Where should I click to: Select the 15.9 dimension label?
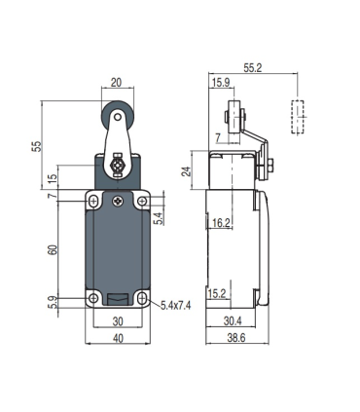click(x=221, y=83)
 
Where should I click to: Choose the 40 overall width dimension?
click(x=118, y=340)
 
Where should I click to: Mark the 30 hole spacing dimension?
click(x=118, y=321)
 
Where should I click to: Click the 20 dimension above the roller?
click(x=117, y=84)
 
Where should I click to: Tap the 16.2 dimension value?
click(x=223, y=223)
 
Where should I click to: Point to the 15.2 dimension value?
click(x=219, y=292)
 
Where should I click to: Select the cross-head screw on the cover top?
click(x=118, y=202)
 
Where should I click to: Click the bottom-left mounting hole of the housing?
click(x=93, y=298)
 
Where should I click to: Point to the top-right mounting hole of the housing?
click(x=142, y=203)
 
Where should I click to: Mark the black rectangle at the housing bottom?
click(x=118, y=300)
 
